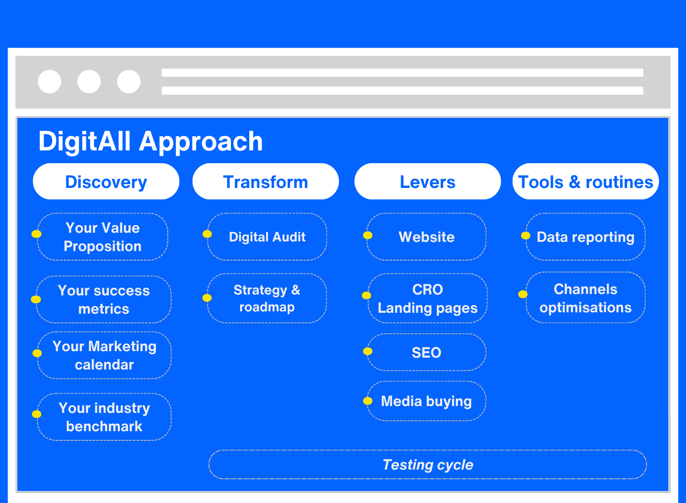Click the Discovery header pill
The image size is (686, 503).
[106, 181]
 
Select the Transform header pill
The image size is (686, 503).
[266, 181]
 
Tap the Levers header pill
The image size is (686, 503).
[428, 181]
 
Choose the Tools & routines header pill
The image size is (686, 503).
[585, 181]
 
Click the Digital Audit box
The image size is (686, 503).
[267, 237]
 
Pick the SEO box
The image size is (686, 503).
[426, 352]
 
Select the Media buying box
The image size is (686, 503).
[426, 401]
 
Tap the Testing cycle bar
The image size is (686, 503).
[428, 465]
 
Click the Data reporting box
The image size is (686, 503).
[585, 237]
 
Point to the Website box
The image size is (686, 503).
[426, 237]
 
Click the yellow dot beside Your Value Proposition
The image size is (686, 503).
[37, 234]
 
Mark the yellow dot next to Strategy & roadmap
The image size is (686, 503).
[207, 298]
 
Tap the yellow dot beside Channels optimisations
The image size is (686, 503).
[523, 294]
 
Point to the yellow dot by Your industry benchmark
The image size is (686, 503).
[37, 414]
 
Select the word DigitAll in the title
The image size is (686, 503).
[85, 141]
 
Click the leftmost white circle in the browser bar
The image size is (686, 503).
[49, 81]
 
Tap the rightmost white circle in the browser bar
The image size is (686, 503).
[129, 81]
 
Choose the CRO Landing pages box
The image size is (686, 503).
[428, 298]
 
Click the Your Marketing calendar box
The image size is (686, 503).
[104, 355]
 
